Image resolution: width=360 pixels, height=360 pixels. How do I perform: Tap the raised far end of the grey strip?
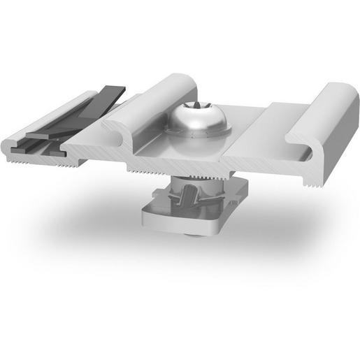click(112, 89)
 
